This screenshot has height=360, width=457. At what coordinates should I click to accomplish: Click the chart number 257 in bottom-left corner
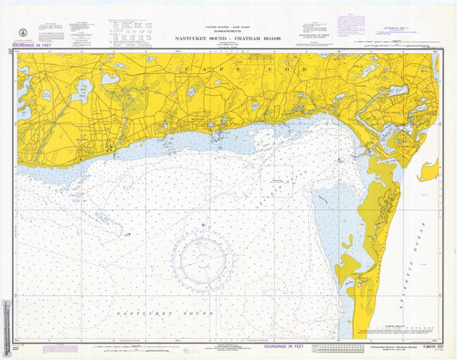pyautogui.click(x=16, y=348)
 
